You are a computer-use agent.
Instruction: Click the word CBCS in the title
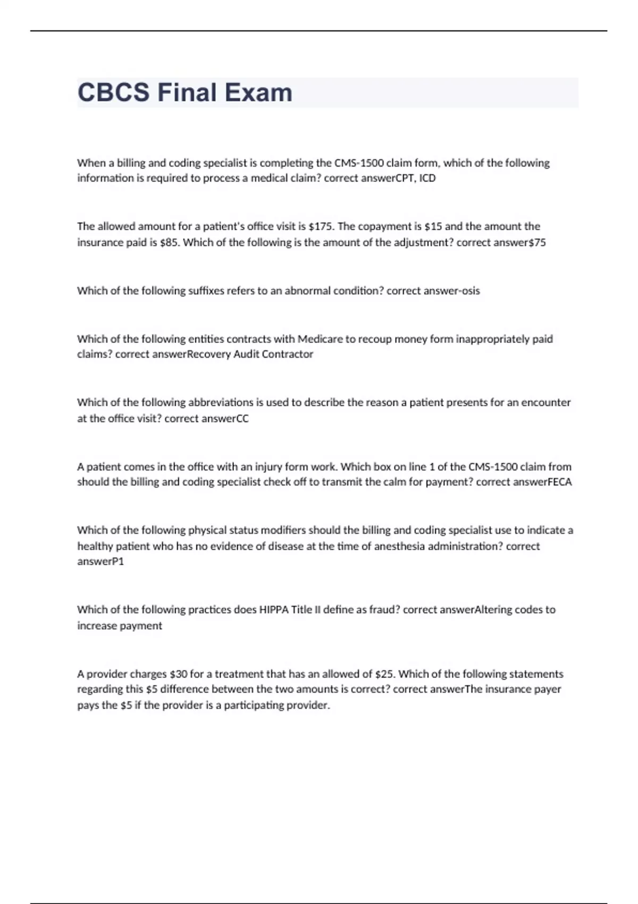pyautogui.click(x=114, y=93)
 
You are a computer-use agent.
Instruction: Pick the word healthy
pyautogui.click(x=94, y=546)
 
